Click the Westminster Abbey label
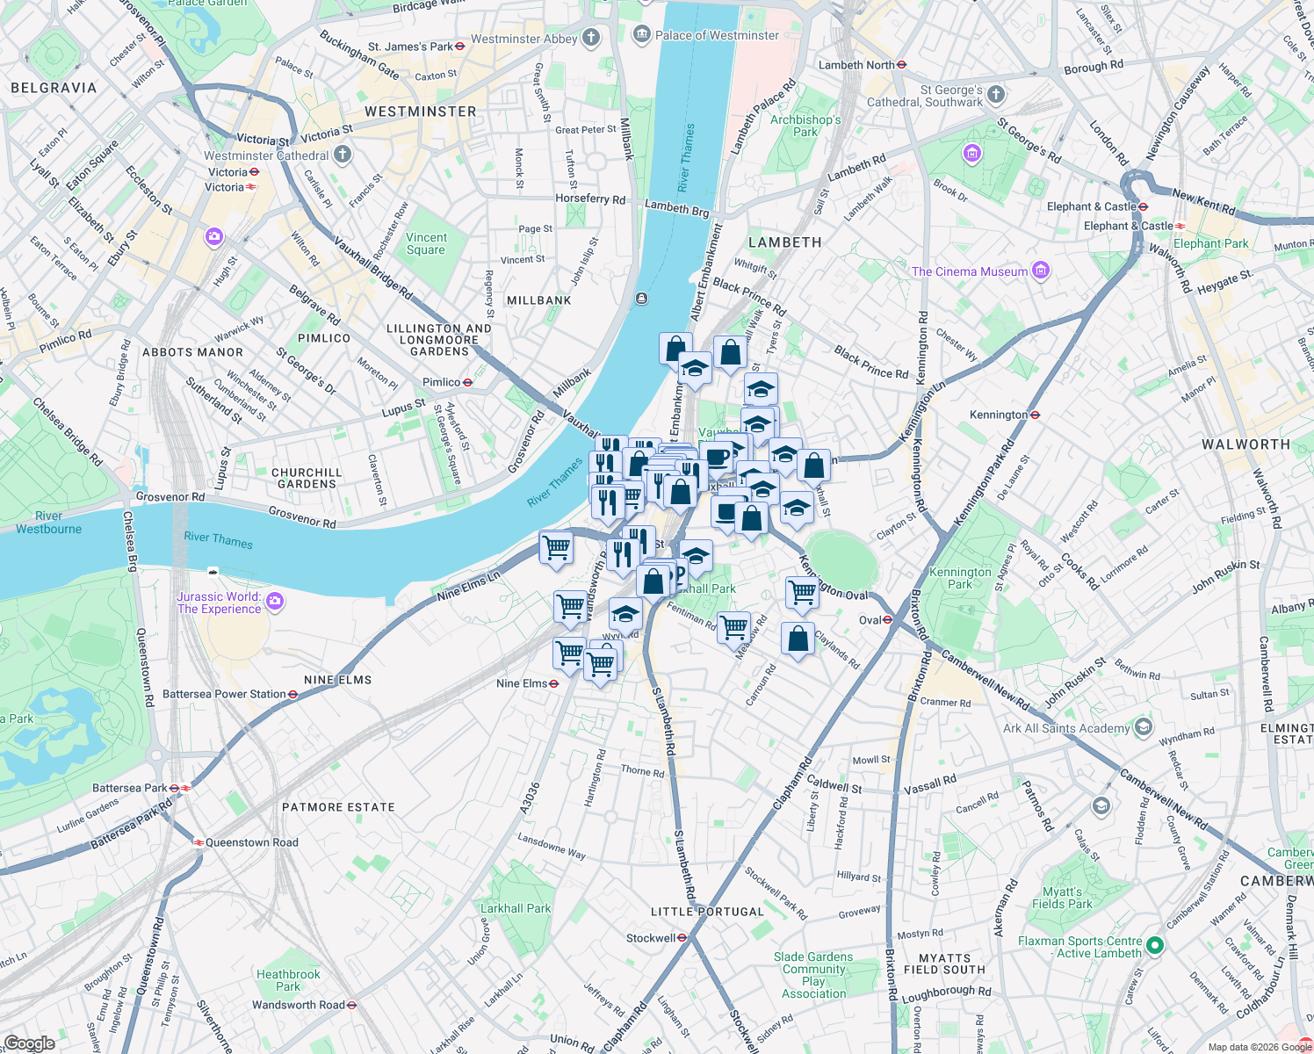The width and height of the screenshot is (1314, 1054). (524, 39)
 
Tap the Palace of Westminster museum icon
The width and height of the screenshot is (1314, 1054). (642, 34)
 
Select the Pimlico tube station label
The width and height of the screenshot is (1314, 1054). (441, 382)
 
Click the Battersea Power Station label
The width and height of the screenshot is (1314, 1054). (224, 694)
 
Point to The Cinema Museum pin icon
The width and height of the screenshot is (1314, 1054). (1041, 271)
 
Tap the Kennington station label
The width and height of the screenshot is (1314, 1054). (999, 415)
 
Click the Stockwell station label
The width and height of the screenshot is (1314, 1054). (651, 938)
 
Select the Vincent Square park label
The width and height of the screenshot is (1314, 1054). (427, 243)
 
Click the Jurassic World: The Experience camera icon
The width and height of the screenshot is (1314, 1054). (275, 602)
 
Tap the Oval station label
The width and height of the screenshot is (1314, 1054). (870, 620)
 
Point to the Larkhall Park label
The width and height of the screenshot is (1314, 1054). (516, 908)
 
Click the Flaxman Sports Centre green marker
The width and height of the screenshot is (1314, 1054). (1155, 946)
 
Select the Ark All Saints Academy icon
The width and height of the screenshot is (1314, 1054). (1143, 727)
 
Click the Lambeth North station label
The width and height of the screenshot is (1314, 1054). (856, 65)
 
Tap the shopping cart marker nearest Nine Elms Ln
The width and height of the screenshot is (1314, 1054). (556, 548)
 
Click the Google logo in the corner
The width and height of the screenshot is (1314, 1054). (29, 1043)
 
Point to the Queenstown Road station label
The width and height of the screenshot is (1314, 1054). (252, 842)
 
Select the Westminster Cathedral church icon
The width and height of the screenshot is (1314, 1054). (343, 155)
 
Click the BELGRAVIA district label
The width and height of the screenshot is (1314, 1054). (54, 88)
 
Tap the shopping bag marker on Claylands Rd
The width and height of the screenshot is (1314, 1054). (798, 639)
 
